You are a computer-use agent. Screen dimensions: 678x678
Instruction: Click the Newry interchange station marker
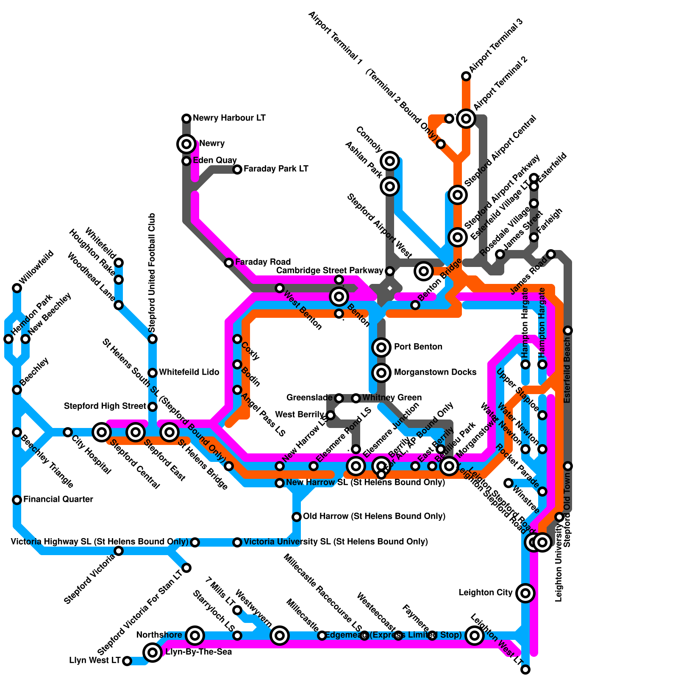(x=186, y=144)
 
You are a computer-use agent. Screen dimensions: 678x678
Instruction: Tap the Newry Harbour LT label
(x=229, y=118)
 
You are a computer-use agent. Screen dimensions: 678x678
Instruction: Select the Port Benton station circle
(x=381, y=347)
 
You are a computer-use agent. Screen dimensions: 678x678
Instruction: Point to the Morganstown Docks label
(x=435, y=372)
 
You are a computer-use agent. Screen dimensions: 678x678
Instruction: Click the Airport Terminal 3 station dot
(x=466, y=76)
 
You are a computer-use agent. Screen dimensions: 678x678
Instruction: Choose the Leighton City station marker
(x=525, y=593)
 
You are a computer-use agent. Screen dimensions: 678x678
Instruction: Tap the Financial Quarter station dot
(x=17, y=500)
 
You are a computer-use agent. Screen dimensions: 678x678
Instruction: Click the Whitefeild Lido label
(x=189, y=372)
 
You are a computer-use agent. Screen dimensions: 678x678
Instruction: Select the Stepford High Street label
(x=105, y=406)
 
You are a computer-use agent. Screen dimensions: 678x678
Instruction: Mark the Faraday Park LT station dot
(x=237, y=169)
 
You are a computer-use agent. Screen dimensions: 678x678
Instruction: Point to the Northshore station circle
(x=195, y=635)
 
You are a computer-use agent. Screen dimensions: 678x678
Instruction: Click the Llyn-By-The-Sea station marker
(x=153, y=652)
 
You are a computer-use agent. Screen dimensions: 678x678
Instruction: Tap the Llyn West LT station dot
(x=127, y=661)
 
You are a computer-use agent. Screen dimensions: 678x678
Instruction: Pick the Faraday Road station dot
(x=229, y=263)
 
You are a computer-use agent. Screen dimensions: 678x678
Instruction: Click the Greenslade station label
(x=309, y=398)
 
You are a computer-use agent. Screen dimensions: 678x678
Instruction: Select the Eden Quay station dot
(x=186, y=161)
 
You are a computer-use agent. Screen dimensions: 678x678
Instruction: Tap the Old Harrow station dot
(x=297, y=517)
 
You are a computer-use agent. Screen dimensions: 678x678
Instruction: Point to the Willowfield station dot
(x=17, y=288)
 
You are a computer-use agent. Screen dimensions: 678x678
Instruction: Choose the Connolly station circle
(x=390, y=161)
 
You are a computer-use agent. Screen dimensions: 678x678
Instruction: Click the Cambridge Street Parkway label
(x=329, y=271)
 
